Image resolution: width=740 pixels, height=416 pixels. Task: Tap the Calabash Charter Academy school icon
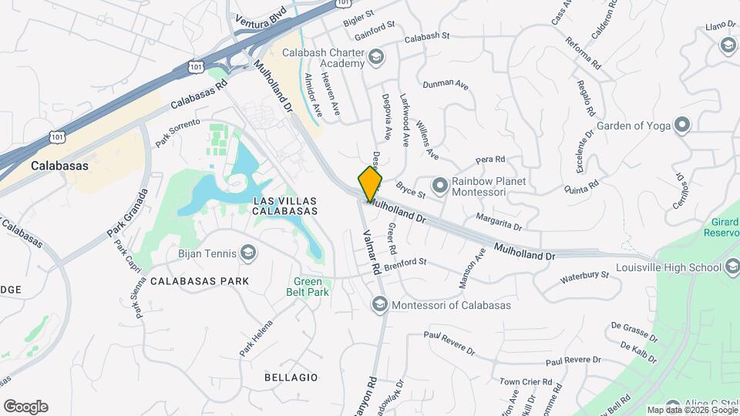point(376,55)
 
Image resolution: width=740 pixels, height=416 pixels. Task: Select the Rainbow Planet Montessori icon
point(439,186)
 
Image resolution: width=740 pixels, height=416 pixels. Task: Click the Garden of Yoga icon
point(681,125)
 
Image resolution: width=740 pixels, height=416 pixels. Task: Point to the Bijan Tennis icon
point(248,252)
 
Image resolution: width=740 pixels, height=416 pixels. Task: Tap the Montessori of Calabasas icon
point(379,304)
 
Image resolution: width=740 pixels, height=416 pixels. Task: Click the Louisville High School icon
point(732,269)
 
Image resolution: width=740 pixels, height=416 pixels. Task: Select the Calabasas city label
point(59,166)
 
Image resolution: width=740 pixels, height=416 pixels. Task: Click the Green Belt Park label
point(311,287)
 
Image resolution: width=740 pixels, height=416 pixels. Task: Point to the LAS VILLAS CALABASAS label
point(285,205)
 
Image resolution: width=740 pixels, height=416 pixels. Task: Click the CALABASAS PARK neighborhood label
point(200,281)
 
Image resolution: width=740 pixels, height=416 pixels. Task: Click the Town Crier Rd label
point(526,381)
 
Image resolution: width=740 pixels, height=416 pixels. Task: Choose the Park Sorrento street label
point(177,133)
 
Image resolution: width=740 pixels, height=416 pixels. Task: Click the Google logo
point(25,407)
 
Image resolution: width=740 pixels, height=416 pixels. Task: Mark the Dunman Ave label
point(445,84)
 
